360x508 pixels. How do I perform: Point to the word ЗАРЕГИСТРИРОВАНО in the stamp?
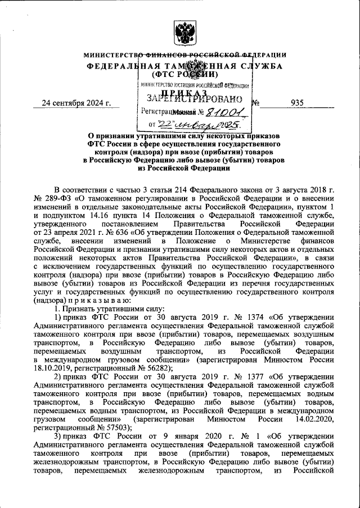click(x=190, y=98)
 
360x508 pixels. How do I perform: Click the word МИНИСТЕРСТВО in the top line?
click(x=110, y=55)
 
